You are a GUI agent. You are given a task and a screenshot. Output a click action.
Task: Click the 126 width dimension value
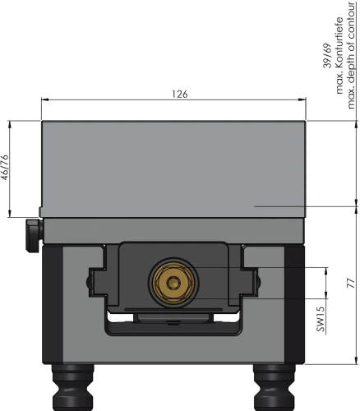[180, 94]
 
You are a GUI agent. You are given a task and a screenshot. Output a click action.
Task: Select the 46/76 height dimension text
[5, 168]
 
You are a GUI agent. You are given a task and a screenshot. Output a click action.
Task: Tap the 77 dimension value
[351, 283]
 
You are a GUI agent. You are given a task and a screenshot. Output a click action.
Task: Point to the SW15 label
[321, 318]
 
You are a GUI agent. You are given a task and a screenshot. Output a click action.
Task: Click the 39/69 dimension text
[327, 56]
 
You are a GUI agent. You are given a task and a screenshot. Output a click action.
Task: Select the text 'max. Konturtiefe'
[339, 56]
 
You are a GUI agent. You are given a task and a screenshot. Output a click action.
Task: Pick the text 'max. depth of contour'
[352, 55]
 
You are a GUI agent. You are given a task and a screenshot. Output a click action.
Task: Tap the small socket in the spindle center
[172, 283]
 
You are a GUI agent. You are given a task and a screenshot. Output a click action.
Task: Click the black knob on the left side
[34, 235]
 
